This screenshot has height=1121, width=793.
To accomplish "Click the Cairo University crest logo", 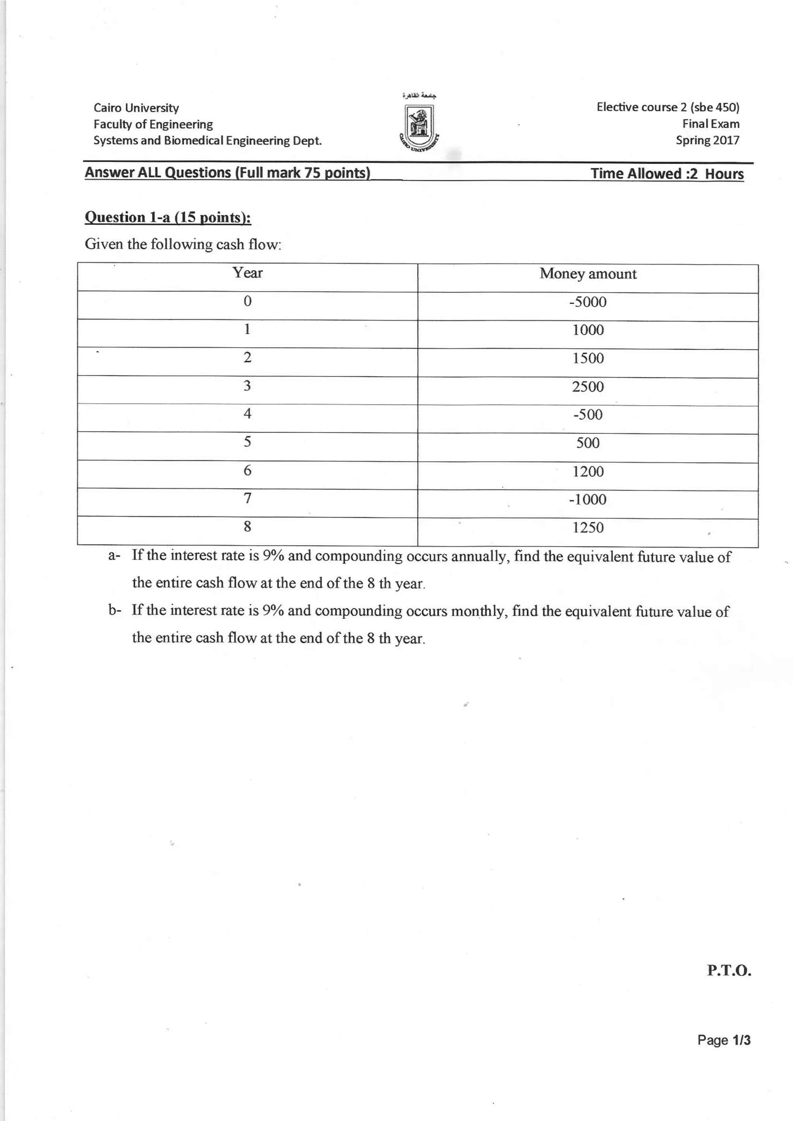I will [419, 128].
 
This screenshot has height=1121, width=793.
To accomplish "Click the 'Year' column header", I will [247, 273].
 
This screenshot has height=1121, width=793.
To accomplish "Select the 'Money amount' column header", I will [588, 274].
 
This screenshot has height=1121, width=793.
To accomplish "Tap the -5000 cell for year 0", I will [588, 302].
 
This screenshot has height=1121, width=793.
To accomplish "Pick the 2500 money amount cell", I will [588, 387].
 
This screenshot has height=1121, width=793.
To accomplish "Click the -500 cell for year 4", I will [588, 414].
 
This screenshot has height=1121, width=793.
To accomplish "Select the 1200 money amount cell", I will [588, 472].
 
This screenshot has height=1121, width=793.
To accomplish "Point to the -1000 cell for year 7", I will [588, 499].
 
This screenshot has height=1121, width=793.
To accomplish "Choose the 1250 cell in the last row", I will [588, 528].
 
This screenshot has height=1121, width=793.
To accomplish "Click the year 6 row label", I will [247, 470].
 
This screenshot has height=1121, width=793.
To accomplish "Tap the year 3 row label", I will [247, 386].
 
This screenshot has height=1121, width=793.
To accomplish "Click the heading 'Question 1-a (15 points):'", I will [168, 217].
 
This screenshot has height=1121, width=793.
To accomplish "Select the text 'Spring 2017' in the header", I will [707, 140].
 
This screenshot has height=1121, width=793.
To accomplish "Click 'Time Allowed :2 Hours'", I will [667, 174].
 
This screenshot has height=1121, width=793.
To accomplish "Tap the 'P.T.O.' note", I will [729, 970].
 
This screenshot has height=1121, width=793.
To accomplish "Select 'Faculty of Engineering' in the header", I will [153, 124].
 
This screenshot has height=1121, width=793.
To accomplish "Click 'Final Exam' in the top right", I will [711, 124].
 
